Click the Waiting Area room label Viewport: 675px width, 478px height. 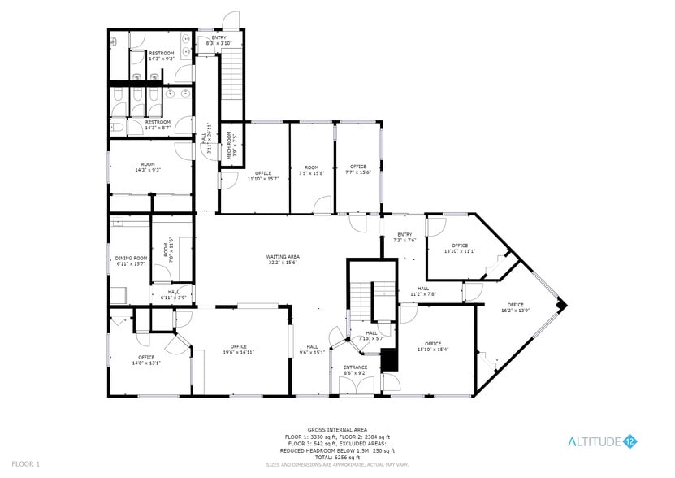pos(282,259)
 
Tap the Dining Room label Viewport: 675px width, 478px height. pos(130,261)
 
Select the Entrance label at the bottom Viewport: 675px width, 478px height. pos(355,370)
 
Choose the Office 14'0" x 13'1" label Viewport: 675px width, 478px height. pos(146,360)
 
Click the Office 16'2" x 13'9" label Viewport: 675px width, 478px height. pos(516,307)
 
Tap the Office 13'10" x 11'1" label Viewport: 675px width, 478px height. pos(460,248)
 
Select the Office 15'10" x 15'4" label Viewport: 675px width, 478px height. pos(432,346)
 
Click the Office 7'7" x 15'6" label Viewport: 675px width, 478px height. pos(357,170)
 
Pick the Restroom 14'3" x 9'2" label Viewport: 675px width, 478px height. pos(161,56)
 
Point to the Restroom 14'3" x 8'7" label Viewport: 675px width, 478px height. pos(158,125)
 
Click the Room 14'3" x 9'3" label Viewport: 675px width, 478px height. pos(147,167)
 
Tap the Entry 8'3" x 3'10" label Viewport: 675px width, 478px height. pos(219,41)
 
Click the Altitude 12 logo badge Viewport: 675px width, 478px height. pos(630,441)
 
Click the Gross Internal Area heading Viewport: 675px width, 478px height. pos(337,429)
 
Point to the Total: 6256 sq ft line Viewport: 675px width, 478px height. pos(337,457)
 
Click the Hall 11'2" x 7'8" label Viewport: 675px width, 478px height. pos(427,290)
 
